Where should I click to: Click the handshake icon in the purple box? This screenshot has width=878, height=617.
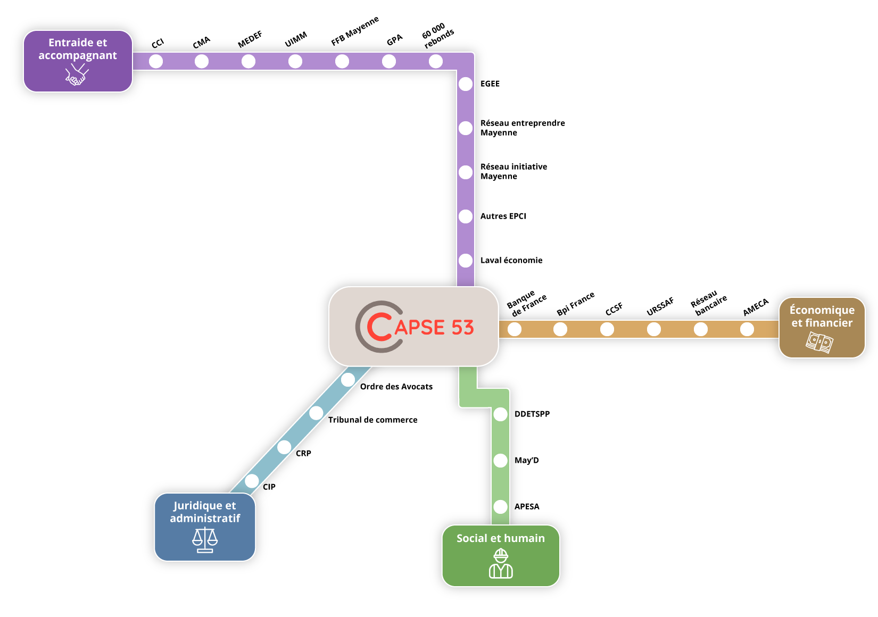point(77,76)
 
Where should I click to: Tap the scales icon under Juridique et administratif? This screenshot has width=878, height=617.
point(205,540)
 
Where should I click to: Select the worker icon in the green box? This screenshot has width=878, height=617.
point(501,563)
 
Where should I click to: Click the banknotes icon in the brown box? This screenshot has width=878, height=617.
point(819,342)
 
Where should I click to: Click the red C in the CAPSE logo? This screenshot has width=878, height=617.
point(379,327)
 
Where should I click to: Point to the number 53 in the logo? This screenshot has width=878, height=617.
point(462,328)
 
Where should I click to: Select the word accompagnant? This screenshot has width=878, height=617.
point(78,56)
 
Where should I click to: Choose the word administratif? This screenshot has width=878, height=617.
point(205,519)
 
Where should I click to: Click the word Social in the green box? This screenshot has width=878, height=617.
point(471,538)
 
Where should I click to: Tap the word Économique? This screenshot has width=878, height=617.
point(822,310)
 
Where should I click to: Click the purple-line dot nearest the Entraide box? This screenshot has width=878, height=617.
point(156,61)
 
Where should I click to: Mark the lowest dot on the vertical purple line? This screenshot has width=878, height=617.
point(466,261)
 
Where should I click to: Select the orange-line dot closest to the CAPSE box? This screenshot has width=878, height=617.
point(515,329)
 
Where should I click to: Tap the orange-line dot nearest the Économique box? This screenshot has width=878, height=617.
point(747,329)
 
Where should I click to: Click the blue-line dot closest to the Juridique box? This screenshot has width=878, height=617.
point(252,481)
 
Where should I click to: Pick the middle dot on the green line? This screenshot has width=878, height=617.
point(500,461)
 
